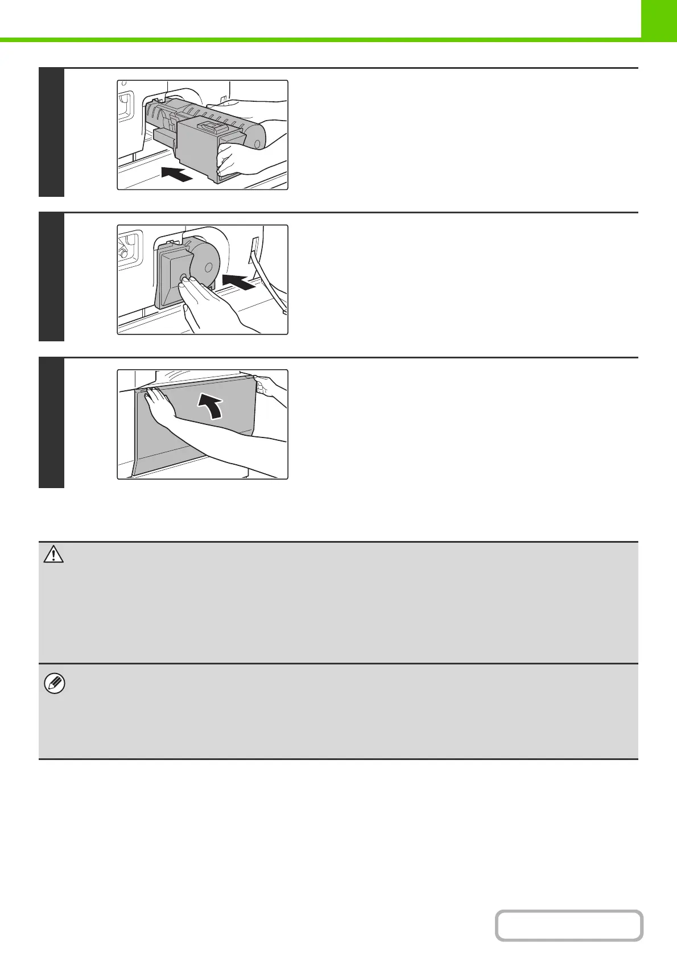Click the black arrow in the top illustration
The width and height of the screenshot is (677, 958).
tap(176, 174)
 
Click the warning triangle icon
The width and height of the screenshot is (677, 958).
tap(53, 555)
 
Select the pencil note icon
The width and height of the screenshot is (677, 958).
tap(54, 684)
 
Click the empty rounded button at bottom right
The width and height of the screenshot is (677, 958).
tap(568, 925)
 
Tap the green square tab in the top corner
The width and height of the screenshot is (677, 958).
tap(659, 19)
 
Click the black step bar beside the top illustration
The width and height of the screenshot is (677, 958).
tap(51, 133)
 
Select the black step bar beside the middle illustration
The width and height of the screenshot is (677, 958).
tap(51, 277)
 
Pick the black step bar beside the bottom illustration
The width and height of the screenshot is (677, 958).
tap(51, 423)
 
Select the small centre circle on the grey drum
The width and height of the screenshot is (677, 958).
tap(208, 266)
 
